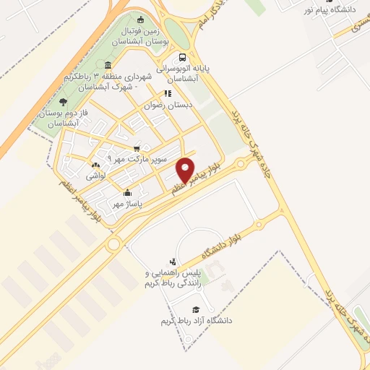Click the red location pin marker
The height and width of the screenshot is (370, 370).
pyautogui.click(x=186, y=170)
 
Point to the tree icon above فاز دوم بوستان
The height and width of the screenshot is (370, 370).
pyautogui.click(x=63, y=102)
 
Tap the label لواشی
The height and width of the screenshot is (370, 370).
pyautogui.click(x=96, y=176)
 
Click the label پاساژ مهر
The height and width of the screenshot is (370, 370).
pyautogui.click(x=127, y=205)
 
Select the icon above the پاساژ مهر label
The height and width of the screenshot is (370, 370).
pyautogui.click(x=127, y=193)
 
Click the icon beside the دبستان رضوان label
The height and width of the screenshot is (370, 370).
pyautogui.click(x=167, y=93)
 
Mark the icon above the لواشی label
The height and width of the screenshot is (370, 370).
pyautogui.click(x=97, y=165)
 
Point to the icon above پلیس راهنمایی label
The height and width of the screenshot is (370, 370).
pyautogui.click(x=172, y=262)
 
